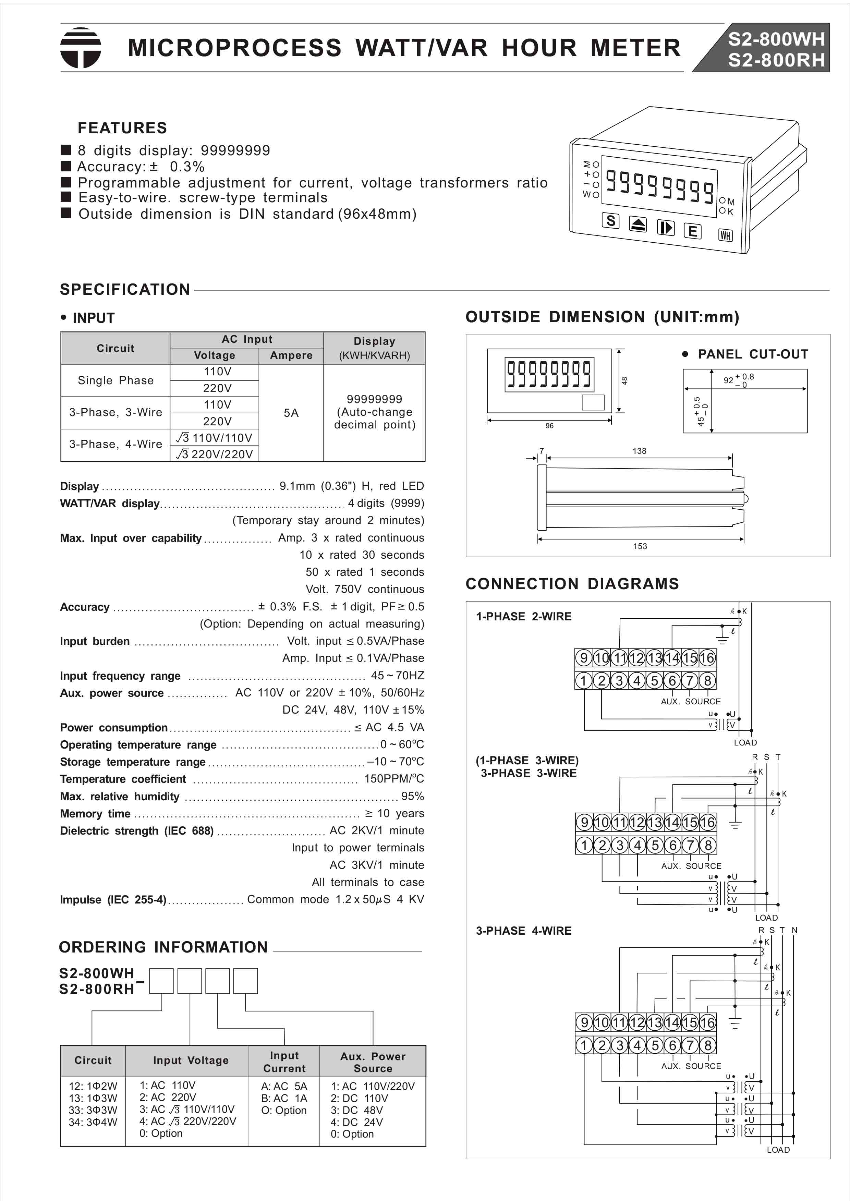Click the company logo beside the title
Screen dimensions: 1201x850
(81, 48)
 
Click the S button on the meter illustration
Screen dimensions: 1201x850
(610, 221)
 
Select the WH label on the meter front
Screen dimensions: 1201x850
(725, 235)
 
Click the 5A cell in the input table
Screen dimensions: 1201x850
(291, 413)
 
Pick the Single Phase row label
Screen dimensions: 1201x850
(116, 380)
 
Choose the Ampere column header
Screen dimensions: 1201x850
(291, 356)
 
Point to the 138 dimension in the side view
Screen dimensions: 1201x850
(639, 451)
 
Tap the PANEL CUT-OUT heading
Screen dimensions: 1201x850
(753, 354)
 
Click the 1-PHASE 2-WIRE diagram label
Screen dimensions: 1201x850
(523, 617)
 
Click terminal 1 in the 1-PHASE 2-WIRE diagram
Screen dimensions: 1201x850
(584, 681)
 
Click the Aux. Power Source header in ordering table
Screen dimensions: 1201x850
(373, 1062)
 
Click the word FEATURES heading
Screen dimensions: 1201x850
(122, 128)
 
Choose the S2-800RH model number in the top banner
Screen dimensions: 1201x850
(776, 61)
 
